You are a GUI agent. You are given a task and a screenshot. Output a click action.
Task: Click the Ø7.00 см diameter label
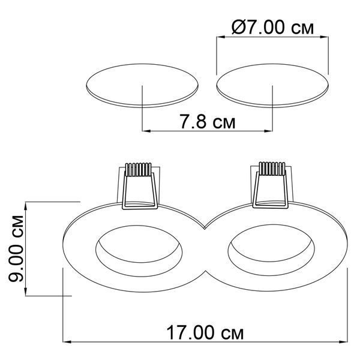[272, 28]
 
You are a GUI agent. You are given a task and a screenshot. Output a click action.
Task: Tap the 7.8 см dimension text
[208, 121]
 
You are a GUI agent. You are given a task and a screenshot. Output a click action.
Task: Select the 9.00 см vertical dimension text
[16, 248]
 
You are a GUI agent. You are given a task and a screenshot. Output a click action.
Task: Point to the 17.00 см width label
[205, 333]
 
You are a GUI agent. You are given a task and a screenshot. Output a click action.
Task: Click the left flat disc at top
[142, 86]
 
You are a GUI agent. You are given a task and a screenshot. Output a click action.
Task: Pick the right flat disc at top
[272, 86]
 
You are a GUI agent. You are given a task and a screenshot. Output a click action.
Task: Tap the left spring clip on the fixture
[140, 186]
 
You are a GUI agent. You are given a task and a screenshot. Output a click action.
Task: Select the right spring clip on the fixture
[271, 185]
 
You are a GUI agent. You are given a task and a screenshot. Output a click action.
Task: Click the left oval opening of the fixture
[139, 251]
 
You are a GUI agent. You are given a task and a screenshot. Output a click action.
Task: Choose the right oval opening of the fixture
[271, 250]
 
